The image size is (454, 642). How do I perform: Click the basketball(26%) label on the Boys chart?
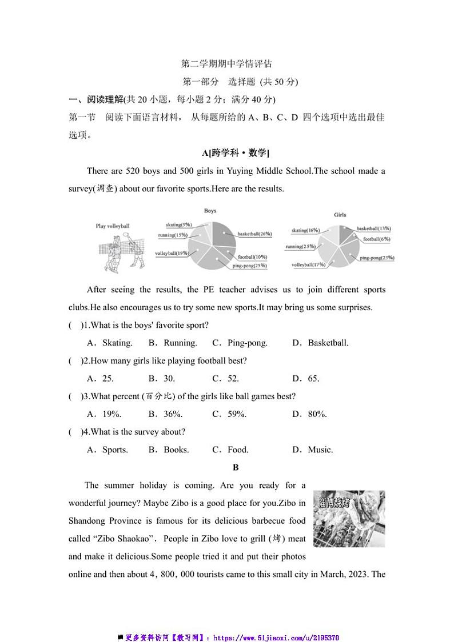click(254, 234)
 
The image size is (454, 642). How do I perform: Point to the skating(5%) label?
click(178, 224)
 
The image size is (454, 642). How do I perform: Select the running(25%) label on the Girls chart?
click(300, 247)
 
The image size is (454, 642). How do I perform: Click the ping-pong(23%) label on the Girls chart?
click(377, 258)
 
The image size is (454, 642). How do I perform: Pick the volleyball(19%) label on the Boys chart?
click(172, 253)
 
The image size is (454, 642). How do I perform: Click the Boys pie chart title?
click(210, 211)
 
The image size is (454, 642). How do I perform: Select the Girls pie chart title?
click(340, 215)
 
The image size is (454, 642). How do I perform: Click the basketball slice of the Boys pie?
click(224, 234)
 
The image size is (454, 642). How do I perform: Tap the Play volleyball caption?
click(113, 226)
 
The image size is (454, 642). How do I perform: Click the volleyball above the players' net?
click(128, 234)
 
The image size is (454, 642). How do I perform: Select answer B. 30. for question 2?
click(162, 379)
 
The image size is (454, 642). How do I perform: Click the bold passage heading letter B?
click(236, 468)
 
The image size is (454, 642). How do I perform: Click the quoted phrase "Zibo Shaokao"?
click(121, 539)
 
